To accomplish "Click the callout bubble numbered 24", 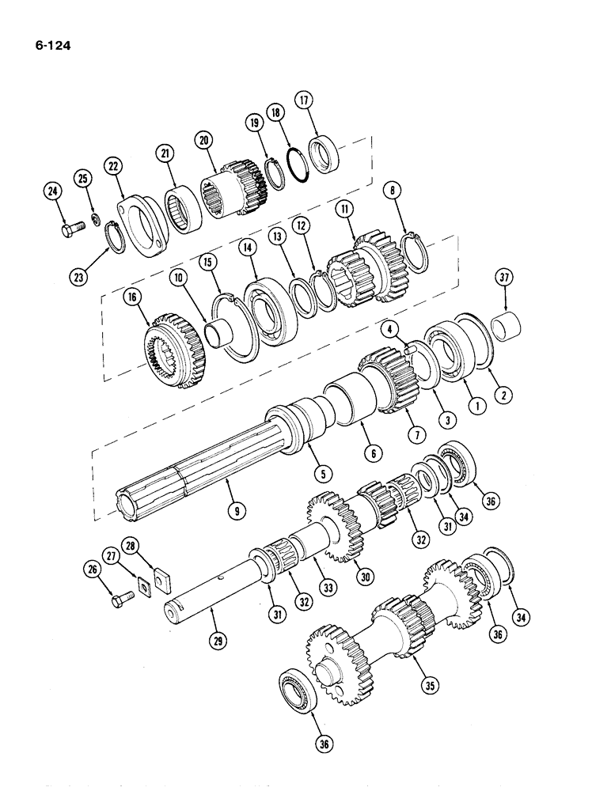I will point(52,191).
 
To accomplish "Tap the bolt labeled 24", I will point(70,230).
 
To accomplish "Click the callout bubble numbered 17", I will point(305,100).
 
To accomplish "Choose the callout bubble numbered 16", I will point(132,297).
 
